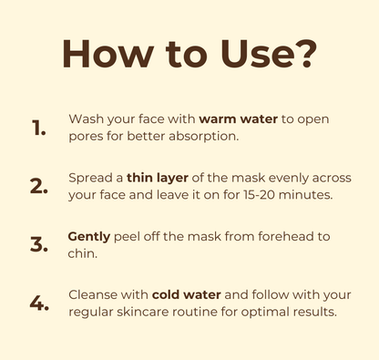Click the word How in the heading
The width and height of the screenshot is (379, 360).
(x=108, y=54)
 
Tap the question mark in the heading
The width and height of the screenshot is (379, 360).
(x=306, y=54)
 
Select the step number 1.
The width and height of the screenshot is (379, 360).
(x=38, y=128)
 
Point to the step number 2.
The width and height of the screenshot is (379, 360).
(x=39, y=186)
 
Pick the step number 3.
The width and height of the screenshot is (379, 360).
(x=39, y=245)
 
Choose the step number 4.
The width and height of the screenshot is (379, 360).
(x=39, y=303)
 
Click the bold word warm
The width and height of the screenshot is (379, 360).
(x=218, y=119)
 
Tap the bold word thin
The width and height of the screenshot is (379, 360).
(x=139, y=178)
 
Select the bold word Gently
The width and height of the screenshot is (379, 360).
(x=89, y=237)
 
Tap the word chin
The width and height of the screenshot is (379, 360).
(x=83, y=253)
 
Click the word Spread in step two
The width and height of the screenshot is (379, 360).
(x=90, y=179)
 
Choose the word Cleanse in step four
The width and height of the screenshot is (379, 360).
(x=93, y=294)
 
